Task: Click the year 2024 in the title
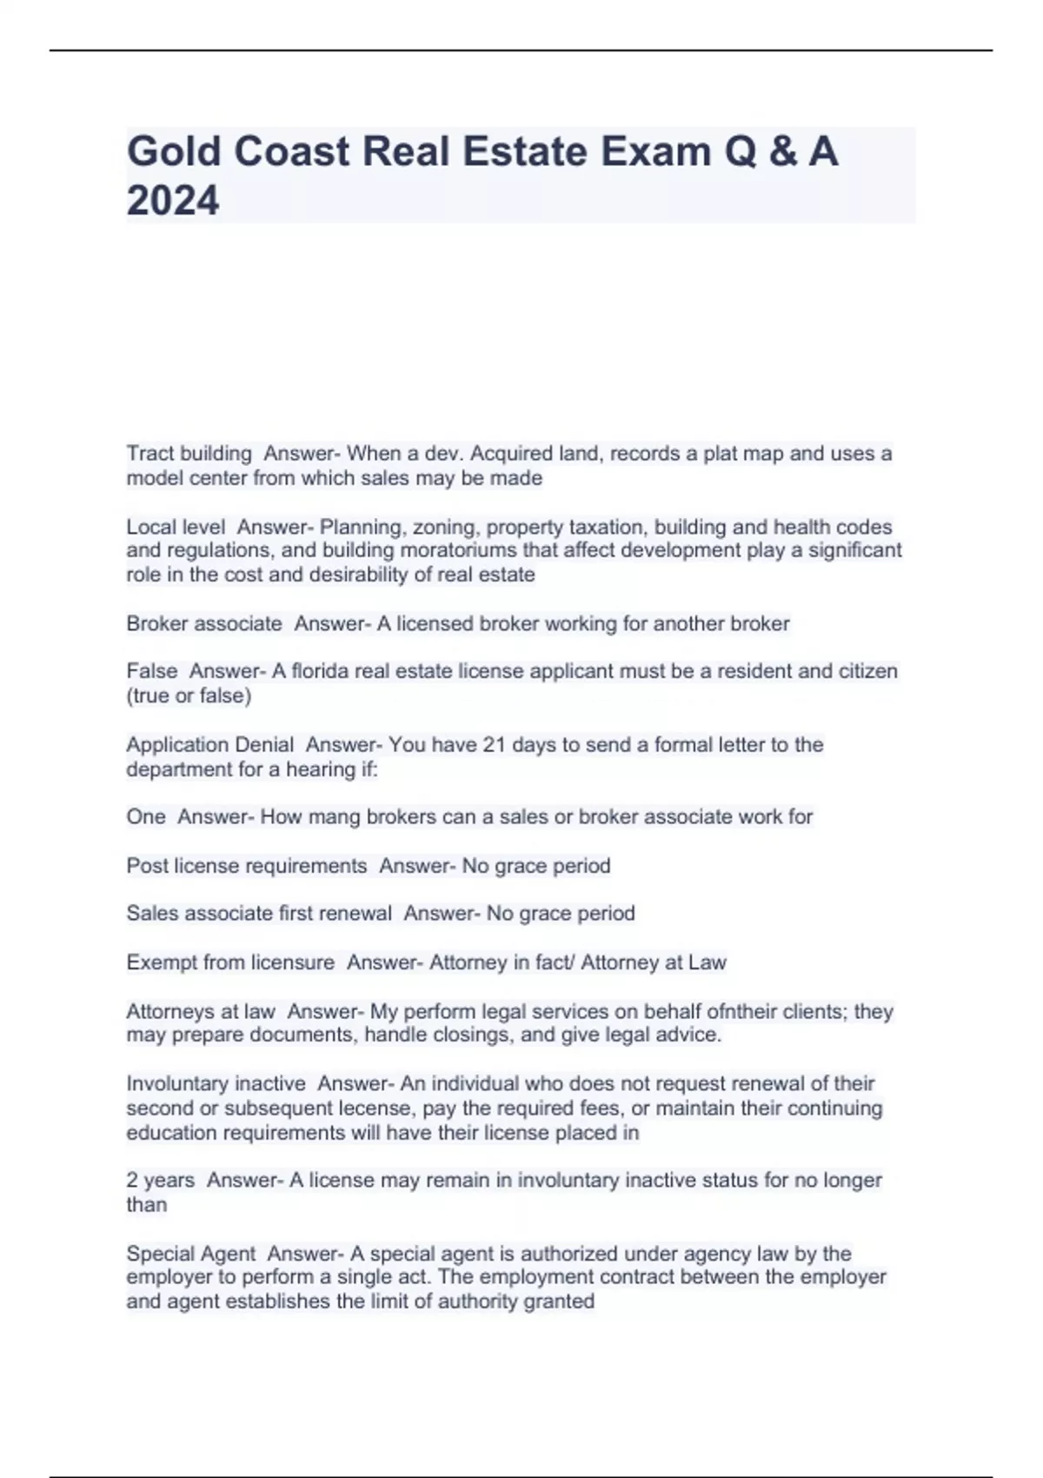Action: pos(173,201)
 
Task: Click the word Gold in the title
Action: pos(174,151)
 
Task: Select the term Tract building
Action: pos(189,454)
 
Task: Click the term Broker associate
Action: pos(204,623)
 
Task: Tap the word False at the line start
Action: pos(151,671)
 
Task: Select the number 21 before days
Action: pos(494,745)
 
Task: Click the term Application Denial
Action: pos(209,745)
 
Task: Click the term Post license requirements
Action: pos(246,866)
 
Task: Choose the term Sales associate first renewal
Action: pos(258,914)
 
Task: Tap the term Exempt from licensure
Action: pos(230,962)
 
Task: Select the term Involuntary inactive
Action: pos(216,1084)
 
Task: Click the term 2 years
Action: pos(160,1181)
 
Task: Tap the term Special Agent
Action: pos(190,1254)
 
